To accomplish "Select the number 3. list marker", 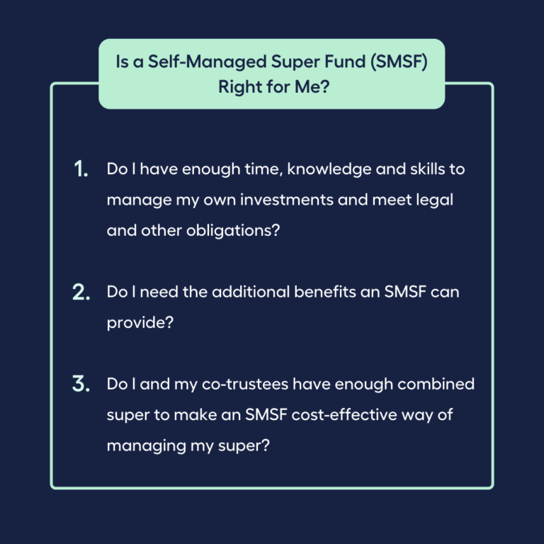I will coord(81,385).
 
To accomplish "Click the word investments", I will coord(285,200).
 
